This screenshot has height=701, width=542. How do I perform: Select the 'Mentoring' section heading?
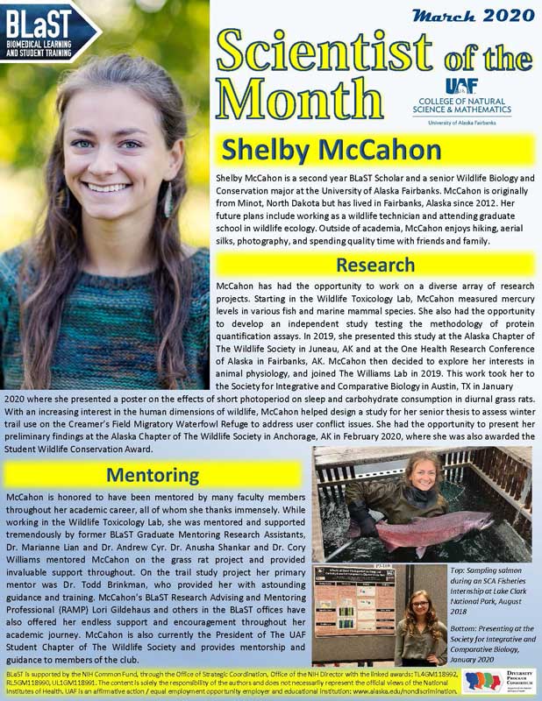153,475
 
